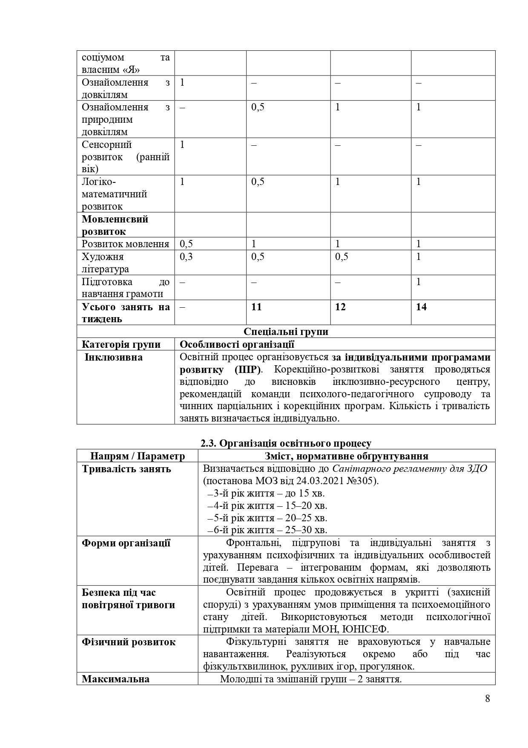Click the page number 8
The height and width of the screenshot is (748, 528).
[x=487, y=699]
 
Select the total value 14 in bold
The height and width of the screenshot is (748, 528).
[x=421, y=307]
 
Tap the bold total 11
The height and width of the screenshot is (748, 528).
[x=256, y=307]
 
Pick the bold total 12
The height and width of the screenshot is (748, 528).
[x=340, y=307]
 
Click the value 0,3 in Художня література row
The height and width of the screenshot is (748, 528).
[x=186, y=257]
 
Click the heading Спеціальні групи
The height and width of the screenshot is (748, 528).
[x=286, y=332]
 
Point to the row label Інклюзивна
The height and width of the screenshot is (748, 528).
[x=114, y=357]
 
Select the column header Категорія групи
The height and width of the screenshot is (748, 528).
[x=121, y=344]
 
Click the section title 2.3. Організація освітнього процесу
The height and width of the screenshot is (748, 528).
[x=286, y=444]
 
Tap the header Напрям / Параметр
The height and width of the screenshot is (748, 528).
[x=138, y=456]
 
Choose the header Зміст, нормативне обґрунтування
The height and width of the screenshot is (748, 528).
[x=346, y=456]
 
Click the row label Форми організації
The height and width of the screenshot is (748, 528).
[x=126, y=543]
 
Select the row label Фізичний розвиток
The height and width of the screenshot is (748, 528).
[x=128, y=642]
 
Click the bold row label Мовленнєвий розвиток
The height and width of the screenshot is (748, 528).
[x=115, y=225]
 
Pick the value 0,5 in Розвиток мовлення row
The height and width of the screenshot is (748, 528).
[x=186, y=244]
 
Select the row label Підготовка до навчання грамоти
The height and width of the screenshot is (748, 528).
[x=125, y=288]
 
